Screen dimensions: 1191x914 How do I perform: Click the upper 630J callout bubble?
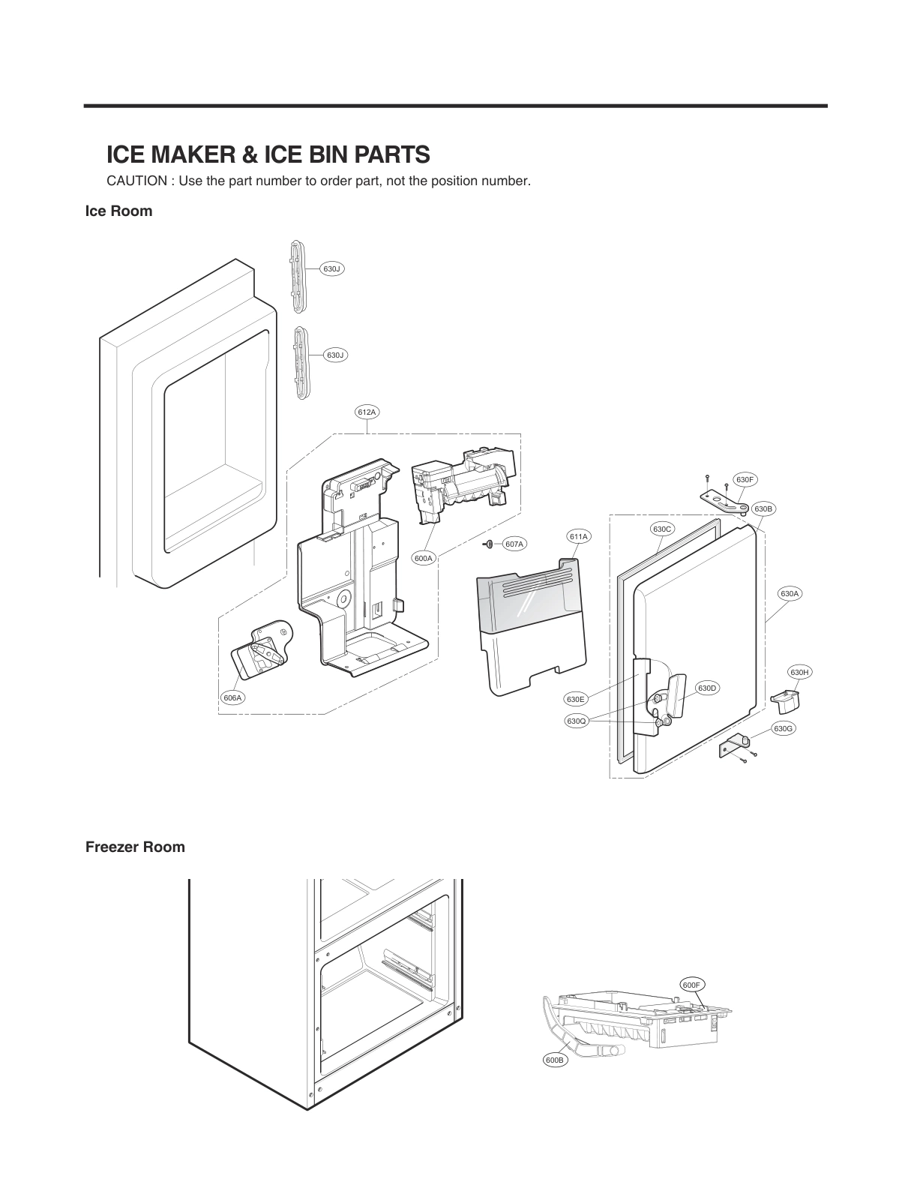coord(332,268)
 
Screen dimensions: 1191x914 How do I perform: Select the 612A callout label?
coord(367,412)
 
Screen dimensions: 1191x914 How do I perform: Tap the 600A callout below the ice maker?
coord(424,558)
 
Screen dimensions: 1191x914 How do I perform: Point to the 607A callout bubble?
coord(514,544)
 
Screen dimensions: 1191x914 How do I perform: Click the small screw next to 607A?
coord(488,543)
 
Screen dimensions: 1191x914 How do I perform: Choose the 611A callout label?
coord(579,536)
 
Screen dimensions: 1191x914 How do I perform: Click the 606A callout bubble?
coord(233,697)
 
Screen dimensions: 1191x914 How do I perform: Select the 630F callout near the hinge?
coord(745,479)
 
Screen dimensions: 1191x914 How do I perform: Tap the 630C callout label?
coord(662,529)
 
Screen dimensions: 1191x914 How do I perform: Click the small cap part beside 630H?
coord(785,700)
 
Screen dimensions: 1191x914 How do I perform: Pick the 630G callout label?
coord(783,728)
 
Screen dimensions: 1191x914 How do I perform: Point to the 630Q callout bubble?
coord(576,721)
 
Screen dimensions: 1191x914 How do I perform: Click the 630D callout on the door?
coord(707,688)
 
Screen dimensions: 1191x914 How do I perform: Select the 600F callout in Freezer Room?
coord(692,984)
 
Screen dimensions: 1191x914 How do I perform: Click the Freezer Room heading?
coord(135,847)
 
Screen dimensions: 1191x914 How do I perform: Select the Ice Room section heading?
coord(118,211)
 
